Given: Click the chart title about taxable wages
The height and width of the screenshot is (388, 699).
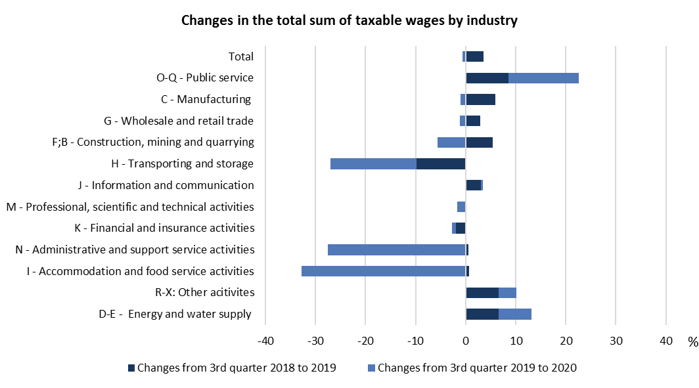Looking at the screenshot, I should coord(349,20).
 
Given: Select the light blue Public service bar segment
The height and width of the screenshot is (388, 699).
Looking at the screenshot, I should coord(543,78).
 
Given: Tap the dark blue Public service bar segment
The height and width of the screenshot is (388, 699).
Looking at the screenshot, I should coord(487,78).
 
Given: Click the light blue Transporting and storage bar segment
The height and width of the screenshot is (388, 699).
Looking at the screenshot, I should coord(373,163).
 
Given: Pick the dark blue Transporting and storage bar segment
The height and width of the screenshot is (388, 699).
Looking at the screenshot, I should coord(441,163).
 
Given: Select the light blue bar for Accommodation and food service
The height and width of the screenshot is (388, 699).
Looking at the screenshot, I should coord(384,271).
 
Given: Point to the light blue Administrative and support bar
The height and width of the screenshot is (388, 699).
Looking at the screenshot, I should coord(397,249).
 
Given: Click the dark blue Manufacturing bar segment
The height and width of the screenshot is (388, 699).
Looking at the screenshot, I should coord(480,99).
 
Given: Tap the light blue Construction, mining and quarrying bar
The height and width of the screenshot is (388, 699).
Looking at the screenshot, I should coord(451,142).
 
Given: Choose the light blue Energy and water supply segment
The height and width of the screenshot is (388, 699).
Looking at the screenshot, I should coord(515,314).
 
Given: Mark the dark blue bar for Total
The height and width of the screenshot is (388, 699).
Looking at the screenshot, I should coord(474,56).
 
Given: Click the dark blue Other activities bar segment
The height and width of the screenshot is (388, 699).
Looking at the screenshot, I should coord(482,292).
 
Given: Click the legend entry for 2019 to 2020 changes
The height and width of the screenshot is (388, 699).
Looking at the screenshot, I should coord(471,368).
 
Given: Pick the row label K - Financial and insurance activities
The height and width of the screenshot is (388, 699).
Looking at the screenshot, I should coord(164,228).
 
